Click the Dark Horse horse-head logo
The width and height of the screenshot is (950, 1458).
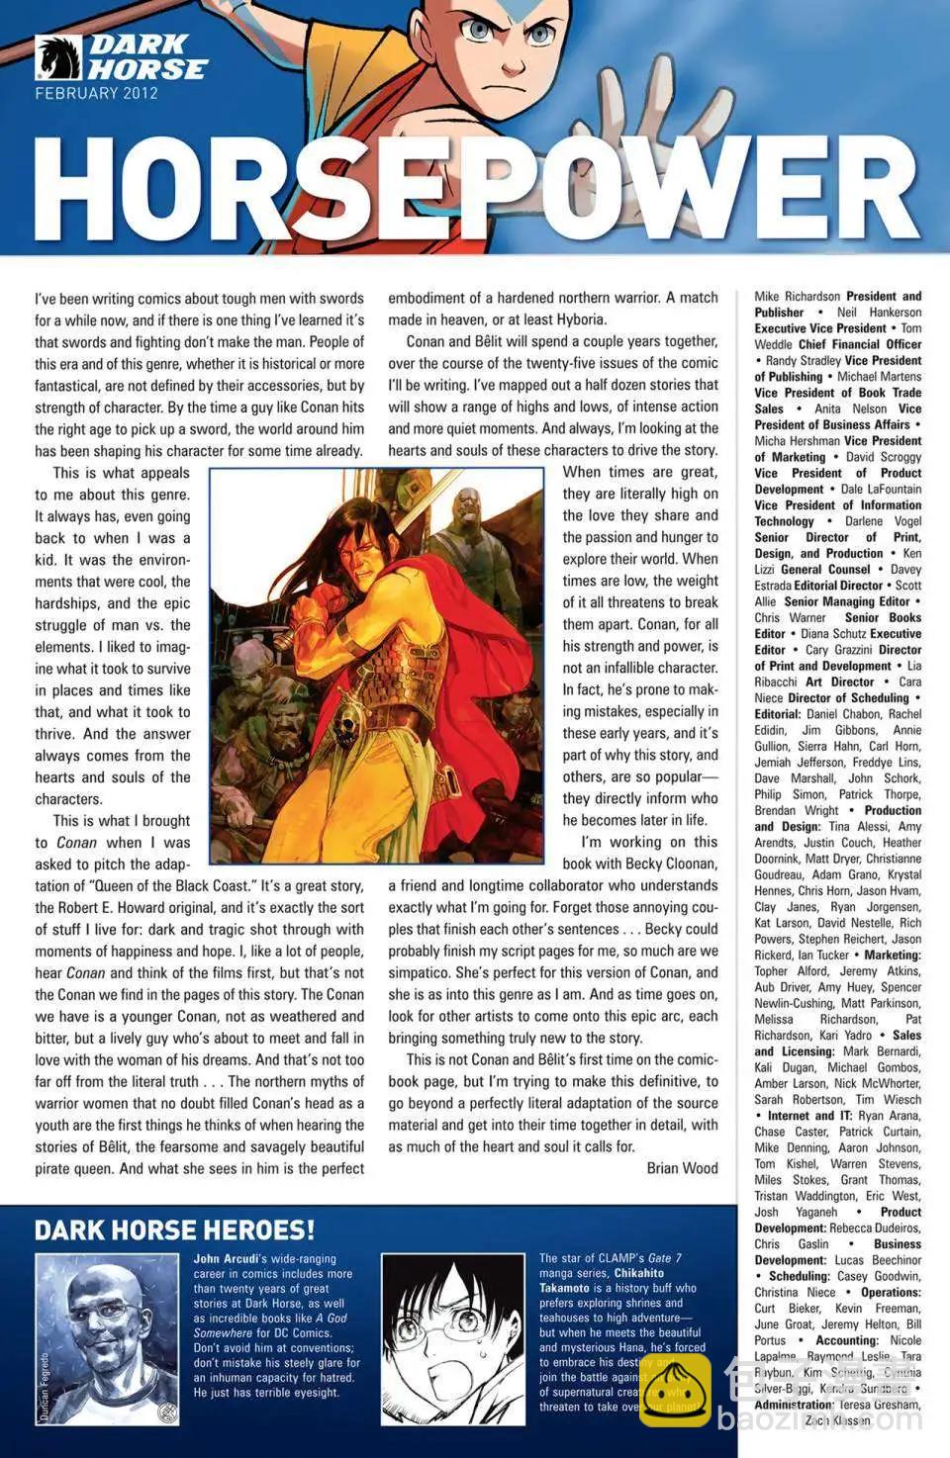coord(57,57)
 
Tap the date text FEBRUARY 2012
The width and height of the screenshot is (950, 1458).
coord(96,94)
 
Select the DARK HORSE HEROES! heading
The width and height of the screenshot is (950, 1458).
coord(174,1230)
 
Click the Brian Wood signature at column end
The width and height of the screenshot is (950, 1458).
coord(682,1168)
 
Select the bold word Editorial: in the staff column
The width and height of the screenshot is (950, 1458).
coord(778,714)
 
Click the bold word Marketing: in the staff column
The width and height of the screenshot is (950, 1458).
coord(892,955)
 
